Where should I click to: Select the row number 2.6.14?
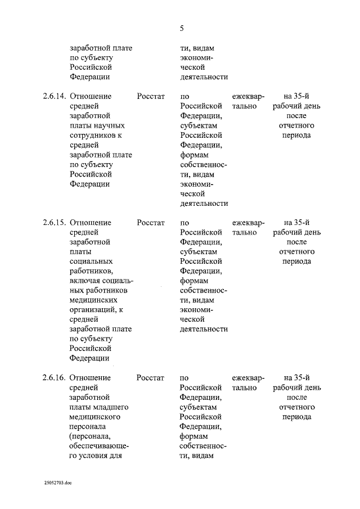pyautogui.click(x=54, y=96)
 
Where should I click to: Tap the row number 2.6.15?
pyautogui.click(x=54, y=223)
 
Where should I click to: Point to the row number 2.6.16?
pyautogui.click(x=54, y=378)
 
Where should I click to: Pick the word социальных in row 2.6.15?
pyautogui.click(x=91, y=262)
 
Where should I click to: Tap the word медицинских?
pyautogui.click(x=95, y=300)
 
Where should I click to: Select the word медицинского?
pyautogui.click(x=96, y=417)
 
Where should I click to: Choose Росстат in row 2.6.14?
pyautogui.click(x=151, y=96)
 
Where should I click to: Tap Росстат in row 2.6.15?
pyautogui.click(x=151, y=223)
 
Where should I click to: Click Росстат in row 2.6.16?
pyautogui.click(x=151, y=378)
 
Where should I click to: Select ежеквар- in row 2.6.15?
pyautogui.click(x=248, y=223)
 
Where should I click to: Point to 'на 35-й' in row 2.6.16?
pyautogui.click(x=297, y=378)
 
